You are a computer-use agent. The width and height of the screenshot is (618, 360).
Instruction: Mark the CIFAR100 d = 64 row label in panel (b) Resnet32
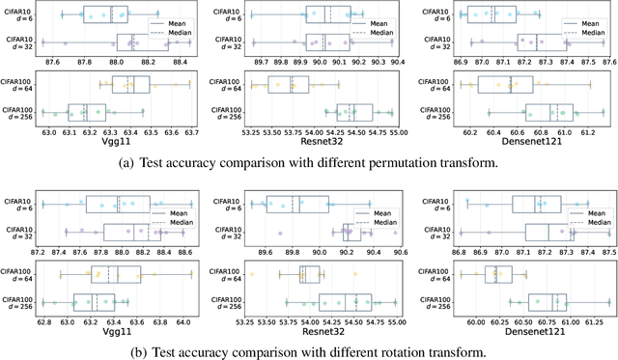pos(223,274)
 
